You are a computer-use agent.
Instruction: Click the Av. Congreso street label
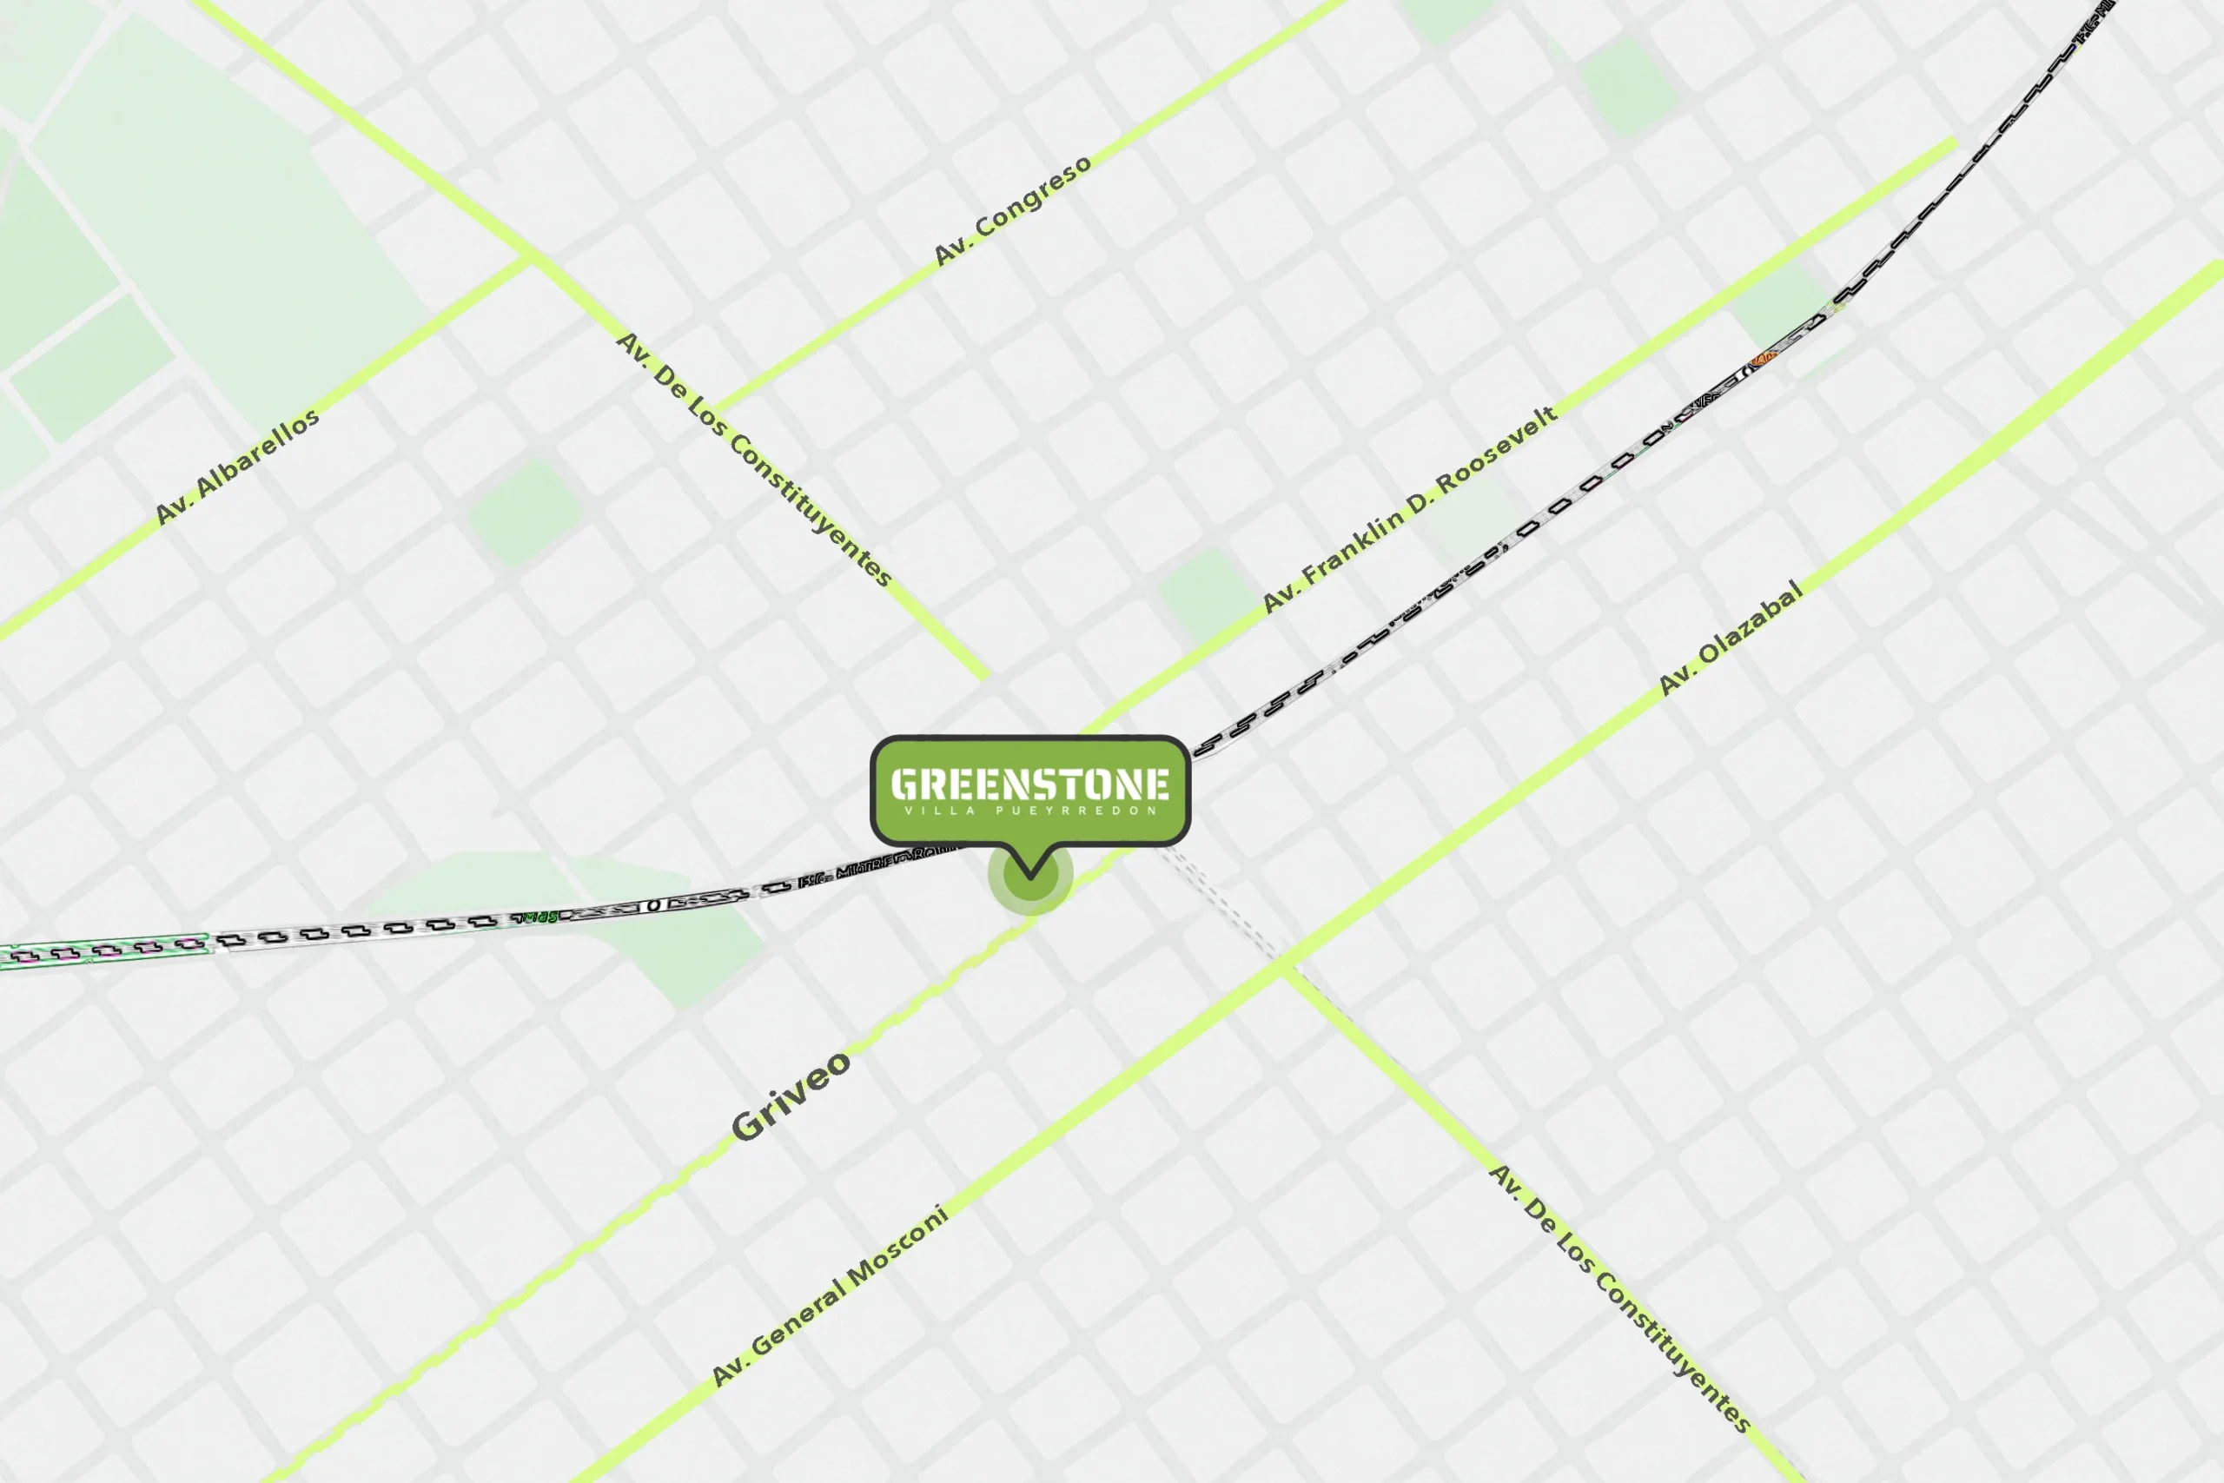pos(1012,210)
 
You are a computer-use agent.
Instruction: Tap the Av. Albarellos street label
pos(237,467)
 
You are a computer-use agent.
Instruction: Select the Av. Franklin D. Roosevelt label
pos(1410,510)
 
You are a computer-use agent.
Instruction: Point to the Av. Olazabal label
pos(1731,639)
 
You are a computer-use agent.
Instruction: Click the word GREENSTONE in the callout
pos(1029,784)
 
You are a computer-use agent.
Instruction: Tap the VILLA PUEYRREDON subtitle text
pos(1029,811)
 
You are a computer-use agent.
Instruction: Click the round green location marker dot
pos(1029,877)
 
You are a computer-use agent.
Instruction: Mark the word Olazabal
pos(1751,626)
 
